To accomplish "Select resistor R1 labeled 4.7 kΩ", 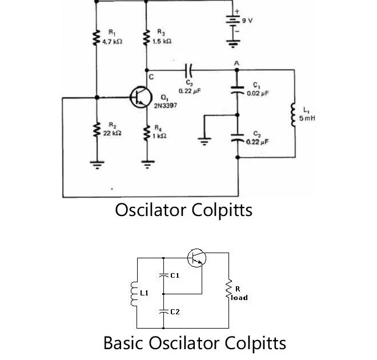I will pyautogui.click(x=96, y=39).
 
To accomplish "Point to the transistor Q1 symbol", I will pyautogui.click(x=140, y=97).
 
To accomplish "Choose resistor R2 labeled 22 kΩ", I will pyautogui.click(x=96, y=130).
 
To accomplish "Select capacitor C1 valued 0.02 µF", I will pyautogui.click(x=237, y=89).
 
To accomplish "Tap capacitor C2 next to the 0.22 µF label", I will pyautogui.click(x=237, y=138).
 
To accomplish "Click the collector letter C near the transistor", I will pyautogui.click(x=151, y=77).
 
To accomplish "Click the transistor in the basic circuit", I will pyautogui.click(x=196, y=258).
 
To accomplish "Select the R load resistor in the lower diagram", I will pyautogui.click(x=229, y=291).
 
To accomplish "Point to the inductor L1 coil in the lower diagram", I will pyautogui.click(x=135, y=294).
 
